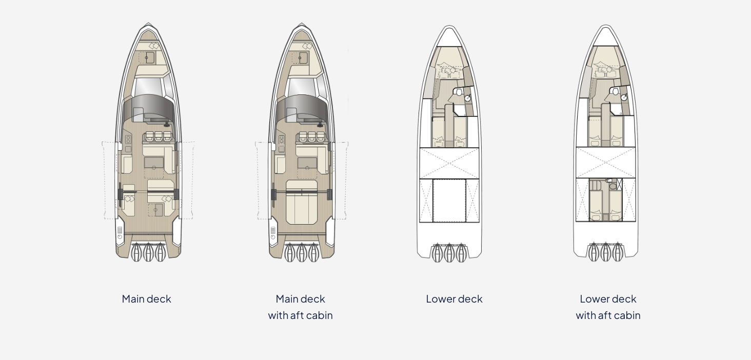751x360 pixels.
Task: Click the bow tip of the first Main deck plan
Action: [149, 23]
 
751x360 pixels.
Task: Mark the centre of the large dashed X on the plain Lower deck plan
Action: [449, 163]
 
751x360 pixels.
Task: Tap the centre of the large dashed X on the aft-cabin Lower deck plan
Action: [606, 162]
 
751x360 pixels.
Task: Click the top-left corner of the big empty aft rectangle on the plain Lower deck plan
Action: [433, 179]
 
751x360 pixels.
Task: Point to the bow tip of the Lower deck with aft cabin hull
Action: [605, 25]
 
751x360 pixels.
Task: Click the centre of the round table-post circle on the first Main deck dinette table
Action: [154, 168]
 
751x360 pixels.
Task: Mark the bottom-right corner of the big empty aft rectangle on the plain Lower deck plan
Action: [466, 222]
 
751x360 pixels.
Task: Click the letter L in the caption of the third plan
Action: [428, 298]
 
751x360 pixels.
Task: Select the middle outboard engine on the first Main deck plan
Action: [148, 252]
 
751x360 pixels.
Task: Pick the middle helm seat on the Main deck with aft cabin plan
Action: [312, 136]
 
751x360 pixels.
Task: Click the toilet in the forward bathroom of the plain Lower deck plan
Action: [458, 92]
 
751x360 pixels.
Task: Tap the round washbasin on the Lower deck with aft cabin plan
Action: [624, 97]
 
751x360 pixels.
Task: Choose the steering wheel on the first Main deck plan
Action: [167, 125]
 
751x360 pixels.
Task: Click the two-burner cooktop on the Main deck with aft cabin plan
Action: [281, 139]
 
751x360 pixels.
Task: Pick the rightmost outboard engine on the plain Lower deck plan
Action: [461, 253]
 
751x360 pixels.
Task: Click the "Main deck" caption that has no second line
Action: [147, 298]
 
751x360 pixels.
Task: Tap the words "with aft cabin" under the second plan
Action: [301, 315]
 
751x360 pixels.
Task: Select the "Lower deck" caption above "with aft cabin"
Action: [608, 298]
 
